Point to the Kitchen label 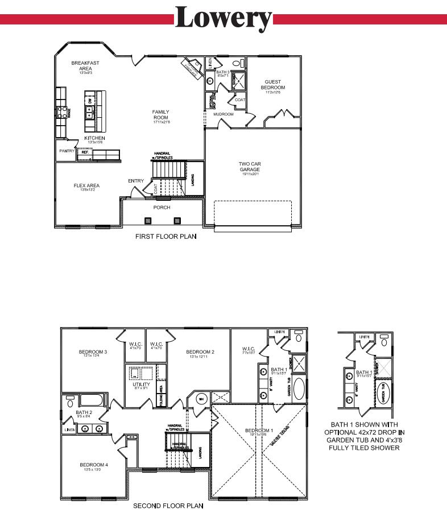[94, 138]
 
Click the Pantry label [67, 151]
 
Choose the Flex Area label [86, 185]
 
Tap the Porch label [162, 208]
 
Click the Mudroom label [223, 114]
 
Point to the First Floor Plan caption [165, 236]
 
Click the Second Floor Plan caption [168, 505]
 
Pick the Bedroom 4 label [93, 465]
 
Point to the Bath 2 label [84, 412]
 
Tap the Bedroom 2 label [200, 352]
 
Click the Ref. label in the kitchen [85, 152]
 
